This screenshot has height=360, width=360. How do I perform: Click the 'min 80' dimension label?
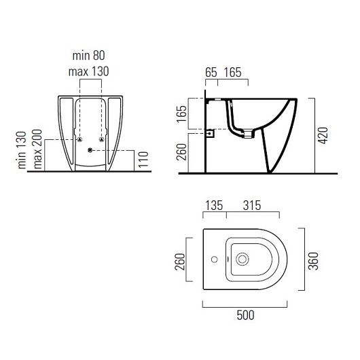click(x=88, y=56)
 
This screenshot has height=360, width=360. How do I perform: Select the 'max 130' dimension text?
click(x=88, y=71)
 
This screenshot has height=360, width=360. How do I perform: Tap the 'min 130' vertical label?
click(x=22, y=150)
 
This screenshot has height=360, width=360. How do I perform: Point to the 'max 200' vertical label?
click(x=37, y=149)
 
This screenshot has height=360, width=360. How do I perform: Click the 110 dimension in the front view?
click(x=143, y=160)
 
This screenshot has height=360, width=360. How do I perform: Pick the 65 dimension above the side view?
click(x=211, y=72)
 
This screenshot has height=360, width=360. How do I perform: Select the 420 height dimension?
click(x=323, y=135)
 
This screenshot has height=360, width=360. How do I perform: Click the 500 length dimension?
click(x=245, y=315)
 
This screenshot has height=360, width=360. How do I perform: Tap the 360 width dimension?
click(x=313, y=261)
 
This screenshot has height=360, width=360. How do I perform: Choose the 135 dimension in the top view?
click(x=214, y=205)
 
